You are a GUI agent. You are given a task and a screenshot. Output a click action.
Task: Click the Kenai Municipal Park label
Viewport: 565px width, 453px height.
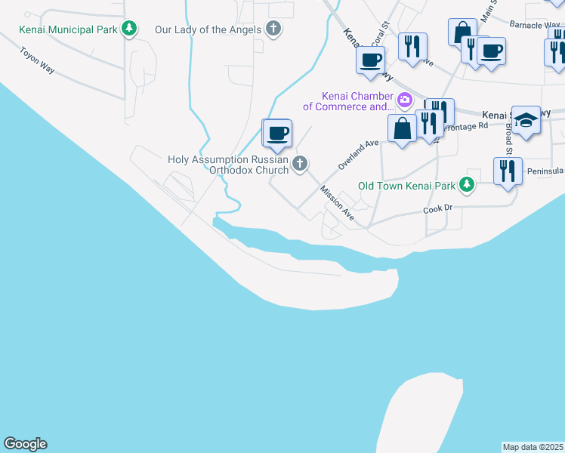(69, 29)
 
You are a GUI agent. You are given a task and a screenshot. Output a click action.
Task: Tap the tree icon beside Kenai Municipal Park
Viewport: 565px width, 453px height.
(130, 29)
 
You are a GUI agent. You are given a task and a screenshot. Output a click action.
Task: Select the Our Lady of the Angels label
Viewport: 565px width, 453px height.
(208, 29)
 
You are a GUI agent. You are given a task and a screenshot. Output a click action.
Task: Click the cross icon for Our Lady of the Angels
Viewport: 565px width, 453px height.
(273, 29)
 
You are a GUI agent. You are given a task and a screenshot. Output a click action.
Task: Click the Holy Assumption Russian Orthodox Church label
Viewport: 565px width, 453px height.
(227, 165)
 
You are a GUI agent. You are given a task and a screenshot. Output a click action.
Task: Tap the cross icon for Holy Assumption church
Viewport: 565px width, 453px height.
(300, 163)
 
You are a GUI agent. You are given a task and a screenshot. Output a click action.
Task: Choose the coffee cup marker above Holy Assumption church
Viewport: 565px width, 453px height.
(277, 134)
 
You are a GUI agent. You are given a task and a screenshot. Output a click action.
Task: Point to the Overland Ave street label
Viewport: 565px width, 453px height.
(358, 153)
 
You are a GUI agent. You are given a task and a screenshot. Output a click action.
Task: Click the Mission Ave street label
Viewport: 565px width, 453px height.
(336, 202)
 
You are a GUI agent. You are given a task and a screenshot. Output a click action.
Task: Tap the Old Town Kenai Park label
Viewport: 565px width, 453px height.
(407, 185)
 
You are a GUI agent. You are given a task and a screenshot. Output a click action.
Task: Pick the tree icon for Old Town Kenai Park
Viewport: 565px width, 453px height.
(468, 184)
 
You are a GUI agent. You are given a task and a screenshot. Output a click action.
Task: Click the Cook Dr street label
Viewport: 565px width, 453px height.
(437, 209)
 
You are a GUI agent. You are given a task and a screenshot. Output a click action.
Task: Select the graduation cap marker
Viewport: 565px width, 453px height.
(526, 119)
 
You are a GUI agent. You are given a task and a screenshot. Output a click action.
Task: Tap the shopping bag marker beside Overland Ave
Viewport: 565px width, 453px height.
(403, 128)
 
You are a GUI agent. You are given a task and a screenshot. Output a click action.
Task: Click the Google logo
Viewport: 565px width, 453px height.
(25, 444)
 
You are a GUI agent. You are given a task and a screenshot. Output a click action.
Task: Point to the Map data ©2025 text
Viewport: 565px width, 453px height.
(533, 447)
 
